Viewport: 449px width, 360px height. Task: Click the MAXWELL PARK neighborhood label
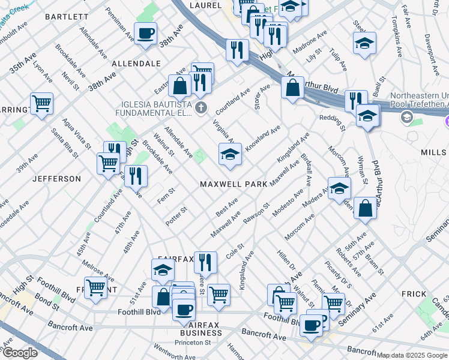(x=234, y=184)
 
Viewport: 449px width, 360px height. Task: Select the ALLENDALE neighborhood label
(x=136, y=63)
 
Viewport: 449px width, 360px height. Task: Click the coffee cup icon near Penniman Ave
(x=145, y=34)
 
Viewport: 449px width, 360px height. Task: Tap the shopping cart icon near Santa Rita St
(x=41, y=103)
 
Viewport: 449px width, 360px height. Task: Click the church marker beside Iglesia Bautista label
(x=200, y=108)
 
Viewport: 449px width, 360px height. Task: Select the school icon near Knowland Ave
(x=230, y=154)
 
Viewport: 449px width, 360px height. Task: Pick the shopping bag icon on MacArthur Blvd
(x=292, y=88)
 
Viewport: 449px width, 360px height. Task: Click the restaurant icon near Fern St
(x=137, y=176)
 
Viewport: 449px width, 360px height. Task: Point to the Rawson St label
(x=256, y=213)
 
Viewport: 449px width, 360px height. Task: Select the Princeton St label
(x=193, y=343)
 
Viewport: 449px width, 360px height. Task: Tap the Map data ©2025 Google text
(x=412, y=355)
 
